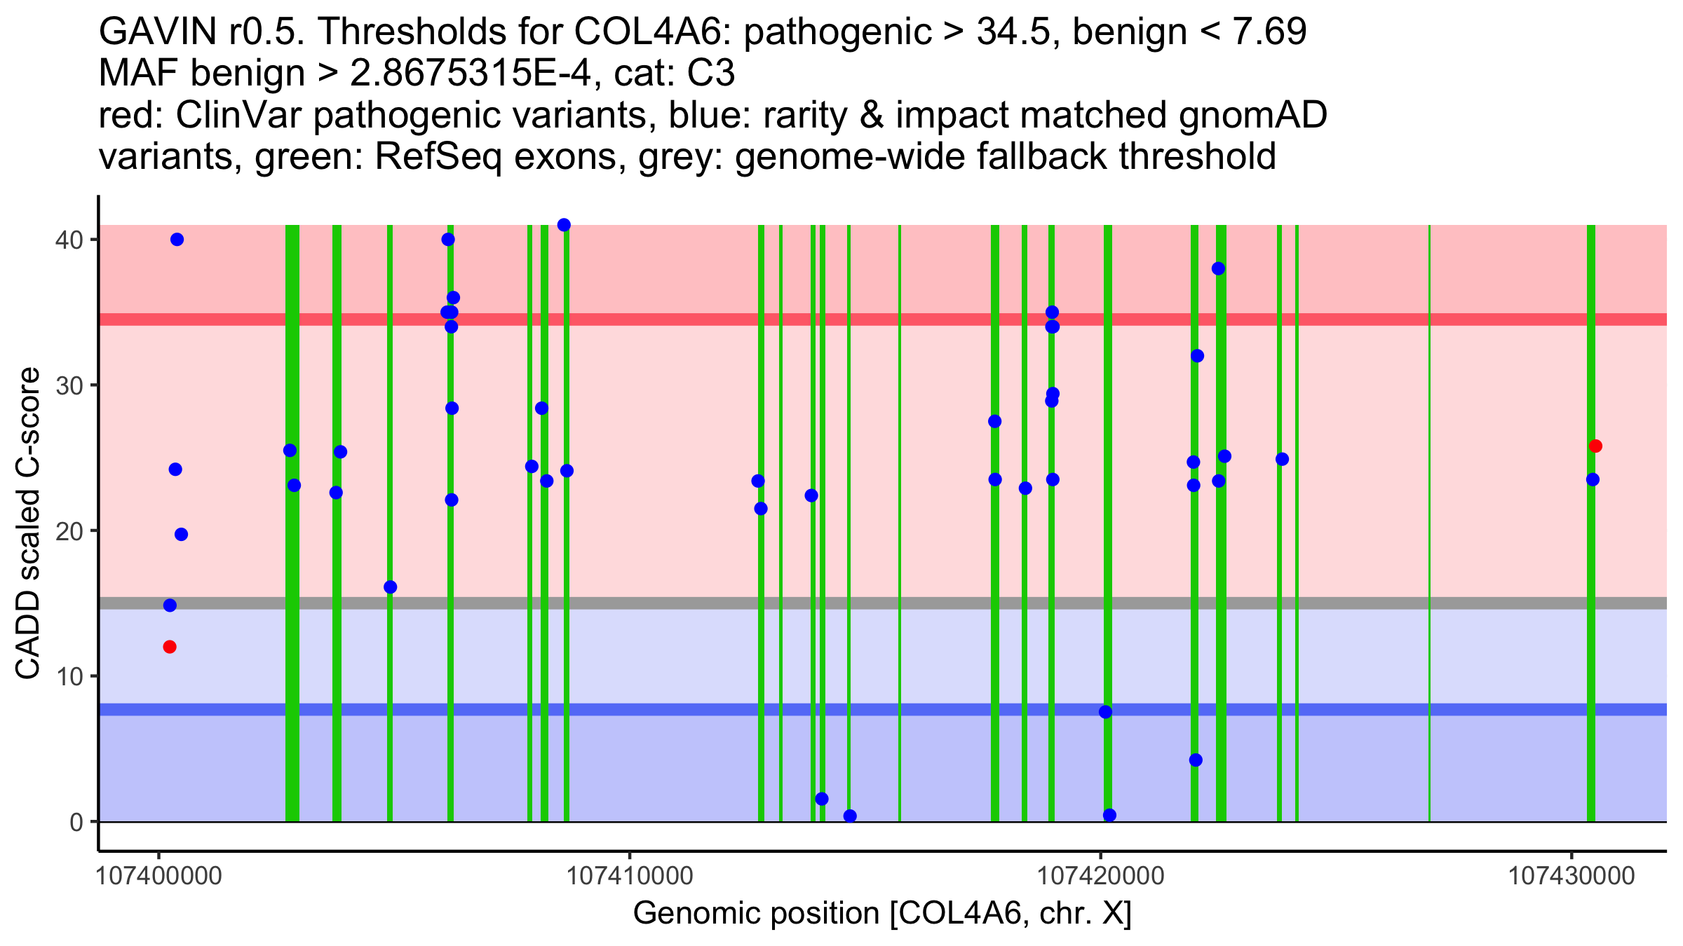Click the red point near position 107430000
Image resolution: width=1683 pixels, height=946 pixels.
1595,446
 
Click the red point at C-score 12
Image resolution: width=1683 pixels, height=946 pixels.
170,647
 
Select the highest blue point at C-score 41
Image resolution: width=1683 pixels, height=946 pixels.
564,225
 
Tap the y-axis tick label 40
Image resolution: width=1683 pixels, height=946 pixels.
69,240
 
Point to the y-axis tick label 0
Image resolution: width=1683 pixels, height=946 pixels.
76,822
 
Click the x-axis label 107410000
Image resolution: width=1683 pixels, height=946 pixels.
630,876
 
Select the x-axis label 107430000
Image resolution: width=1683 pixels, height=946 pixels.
1572,876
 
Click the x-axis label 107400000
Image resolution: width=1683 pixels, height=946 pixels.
158,876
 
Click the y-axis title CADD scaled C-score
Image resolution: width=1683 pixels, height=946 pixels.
28,524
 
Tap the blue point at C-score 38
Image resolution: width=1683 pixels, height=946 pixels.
1219,269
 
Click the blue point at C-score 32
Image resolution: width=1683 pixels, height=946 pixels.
1197,356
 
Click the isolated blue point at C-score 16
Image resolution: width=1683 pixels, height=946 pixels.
391,587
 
